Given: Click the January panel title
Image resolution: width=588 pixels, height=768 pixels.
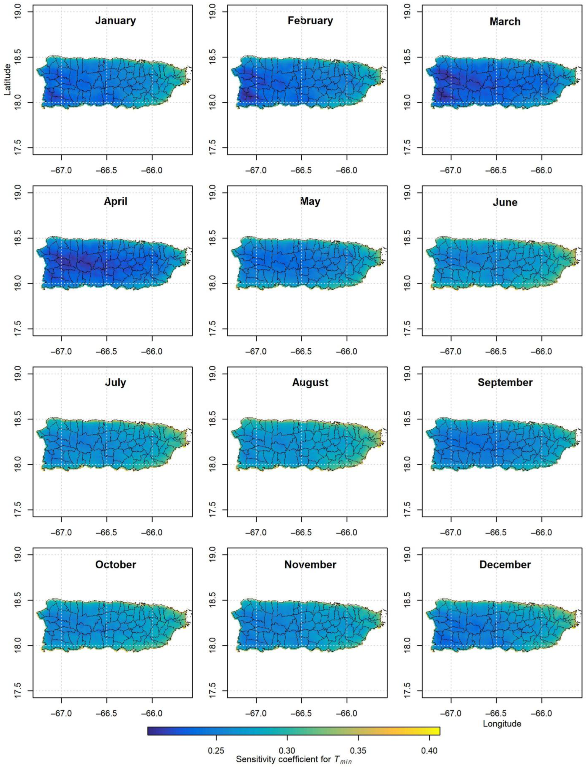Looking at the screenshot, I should pyautogui.click(x=116, y=21).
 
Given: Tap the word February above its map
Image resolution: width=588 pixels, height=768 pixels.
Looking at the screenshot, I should pyautogui.click(x=310, y=21).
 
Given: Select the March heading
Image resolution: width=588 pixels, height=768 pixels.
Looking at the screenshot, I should pyautogui.click(x=505, y=22).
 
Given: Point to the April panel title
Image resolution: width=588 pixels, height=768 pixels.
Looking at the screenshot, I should pyautogui.click(x=116, y=202).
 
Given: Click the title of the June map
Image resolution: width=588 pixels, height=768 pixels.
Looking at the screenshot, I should pyautogui.click(x=505, y=202).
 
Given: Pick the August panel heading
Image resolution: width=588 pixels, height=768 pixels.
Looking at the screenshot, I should pyautogui.click(x=310, y=383).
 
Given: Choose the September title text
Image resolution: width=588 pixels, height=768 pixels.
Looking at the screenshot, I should pyautogui.click(x=505, y=383).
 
